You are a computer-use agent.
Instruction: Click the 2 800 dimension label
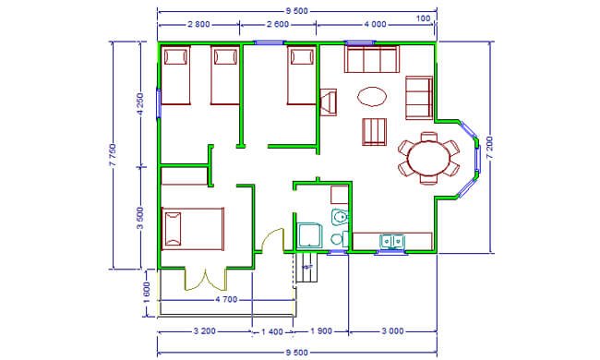pyautogui.click(x=198, y=25)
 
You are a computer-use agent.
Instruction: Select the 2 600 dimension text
pyautogui.click(x=278, y=25)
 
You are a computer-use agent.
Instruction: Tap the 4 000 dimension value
pyautogui.click(x=375, y=25)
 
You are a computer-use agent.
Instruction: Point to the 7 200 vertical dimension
pyautogui.click(x=489, y=149)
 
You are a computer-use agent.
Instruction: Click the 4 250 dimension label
pyautogui.click(x=140, y=104)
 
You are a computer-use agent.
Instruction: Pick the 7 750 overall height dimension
pyautogui.click(x=113, y=155)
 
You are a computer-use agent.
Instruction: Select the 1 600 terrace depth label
pyautogui.click(x=148, y=293)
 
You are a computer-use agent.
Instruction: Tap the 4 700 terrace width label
pyautogui.click(x=226, y=300)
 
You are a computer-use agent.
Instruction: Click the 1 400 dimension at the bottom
pyautogui.click(x=272, y=331)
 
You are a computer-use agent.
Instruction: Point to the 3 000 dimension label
pyautogui.click(x=392, y=331)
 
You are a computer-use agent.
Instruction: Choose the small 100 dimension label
pyautogui.click(x=423, y=18)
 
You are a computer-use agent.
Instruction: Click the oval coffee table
pyautogui.click(x=372, y=96)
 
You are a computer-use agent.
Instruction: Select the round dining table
pyautogui.click(x=429, y=158)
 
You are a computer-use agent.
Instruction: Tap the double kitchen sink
pyautogui.click(x=392, y=242)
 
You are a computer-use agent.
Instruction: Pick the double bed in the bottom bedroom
pyautogui.click(x=193, y=229)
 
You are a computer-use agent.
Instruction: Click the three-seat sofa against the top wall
pyautogui.click(x=372, y=59)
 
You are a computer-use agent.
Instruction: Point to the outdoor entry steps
pyautogui.click(x=306, y=268)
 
